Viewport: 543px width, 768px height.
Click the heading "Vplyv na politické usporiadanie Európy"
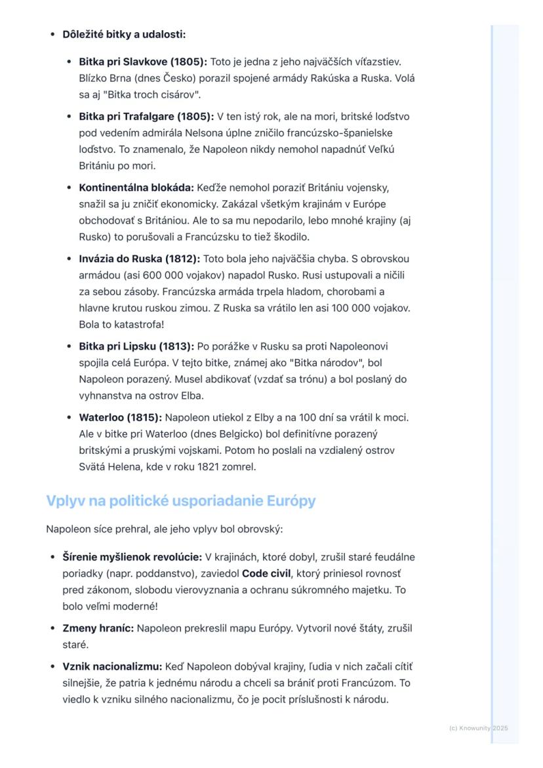pyautogui.click(x=180, y=501)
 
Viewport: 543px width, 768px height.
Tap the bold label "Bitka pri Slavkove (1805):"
pyautogui.click(x=143, y=62)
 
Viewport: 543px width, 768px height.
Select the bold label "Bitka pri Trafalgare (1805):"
pyautogui.click(x=146, y=117)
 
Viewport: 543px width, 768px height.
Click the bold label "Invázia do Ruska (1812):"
pyautogui.click(x=139, y=258)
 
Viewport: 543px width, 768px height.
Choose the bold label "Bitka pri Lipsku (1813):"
pyautogui.click(x=136, y=346)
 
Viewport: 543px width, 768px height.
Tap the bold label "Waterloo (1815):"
pyautogui.click(x=121, y=417)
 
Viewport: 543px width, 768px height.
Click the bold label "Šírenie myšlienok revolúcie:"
pyautogui.click(x=132, y=557)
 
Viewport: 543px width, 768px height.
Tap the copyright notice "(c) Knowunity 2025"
pyautogui.click(x=479, y=728)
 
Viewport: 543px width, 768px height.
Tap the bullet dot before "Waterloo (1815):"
pyautogui.click(x=70, y=417)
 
